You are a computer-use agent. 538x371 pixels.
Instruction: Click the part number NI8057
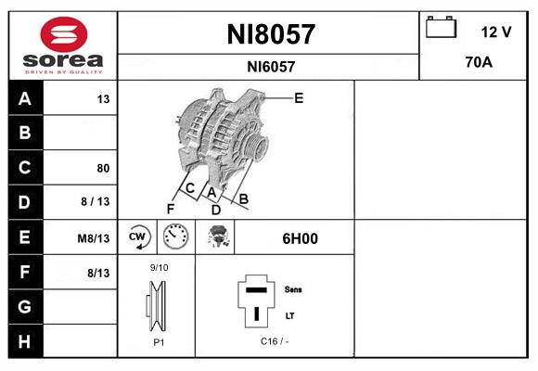(271, 34)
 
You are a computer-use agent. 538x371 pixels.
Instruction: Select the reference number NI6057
(271, 67)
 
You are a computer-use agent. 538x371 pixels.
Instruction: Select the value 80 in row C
(102, 168)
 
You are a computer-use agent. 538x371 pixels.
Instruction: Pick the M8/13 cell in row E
(94, 238)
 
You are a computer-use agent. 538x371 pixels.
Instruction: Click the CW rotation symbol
(138, 237)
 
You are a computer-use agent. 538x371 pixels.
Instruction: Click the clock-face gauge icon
(175, 237)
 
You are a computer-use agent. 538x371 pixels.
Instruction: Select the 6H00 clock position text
(300, 238)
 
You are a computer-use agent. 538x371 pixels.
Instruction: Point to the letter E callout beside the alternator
(299, 96)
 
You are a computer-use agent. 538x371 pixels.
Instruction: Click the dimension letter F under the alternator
(171, 208)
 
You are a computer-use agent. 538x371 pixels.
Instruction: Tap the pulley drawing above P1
(157, 306)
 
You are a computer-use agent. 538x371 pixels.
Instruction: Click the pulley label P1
(158, 342)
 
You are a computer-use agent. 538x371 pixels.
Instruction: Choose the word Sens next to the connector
(292, 289)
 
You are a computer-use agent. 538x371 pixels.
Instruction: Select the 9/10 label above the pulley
(159, 268)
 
